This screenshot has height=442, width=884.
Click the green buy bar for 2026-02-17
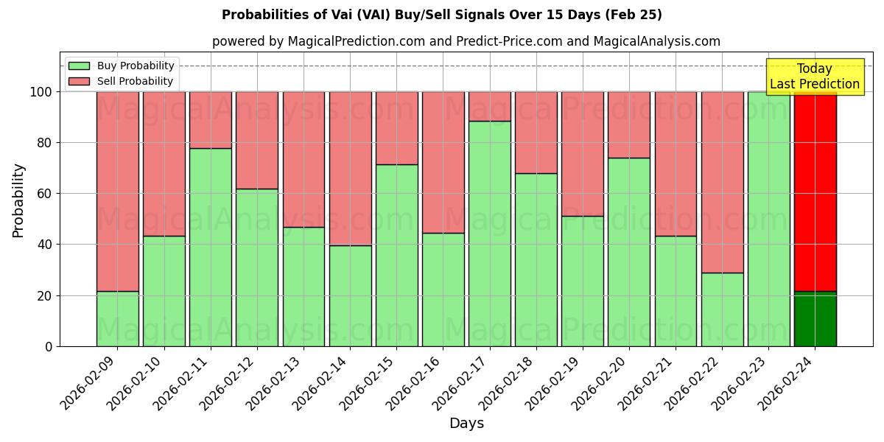coord(490,234)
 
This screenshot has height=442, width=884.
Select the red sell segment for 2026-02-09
coord(118,192)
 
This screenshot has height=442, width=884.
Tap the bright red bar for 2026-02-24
coord(815,192)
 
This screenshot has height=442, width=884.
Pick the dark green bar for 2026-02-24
coord(815,319)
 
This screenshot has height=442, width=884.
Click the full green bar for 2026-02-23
coord(769,219)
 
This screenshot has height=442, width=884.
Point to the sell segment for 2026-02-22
coord(723,182)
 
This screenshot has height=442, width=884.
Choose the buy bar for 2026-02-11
coord(211,248)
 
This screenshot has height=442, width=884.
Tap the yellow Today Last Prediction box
coord(815,77)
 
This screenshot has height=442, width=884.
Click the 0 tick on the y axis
coord(49,346)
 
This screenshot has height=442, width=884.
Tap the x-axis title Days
coord(466,424)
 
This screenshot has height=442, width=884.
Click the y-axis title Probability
coord(19,200)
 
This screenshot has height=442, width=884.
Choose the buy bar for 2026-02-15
coord(397,255)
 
